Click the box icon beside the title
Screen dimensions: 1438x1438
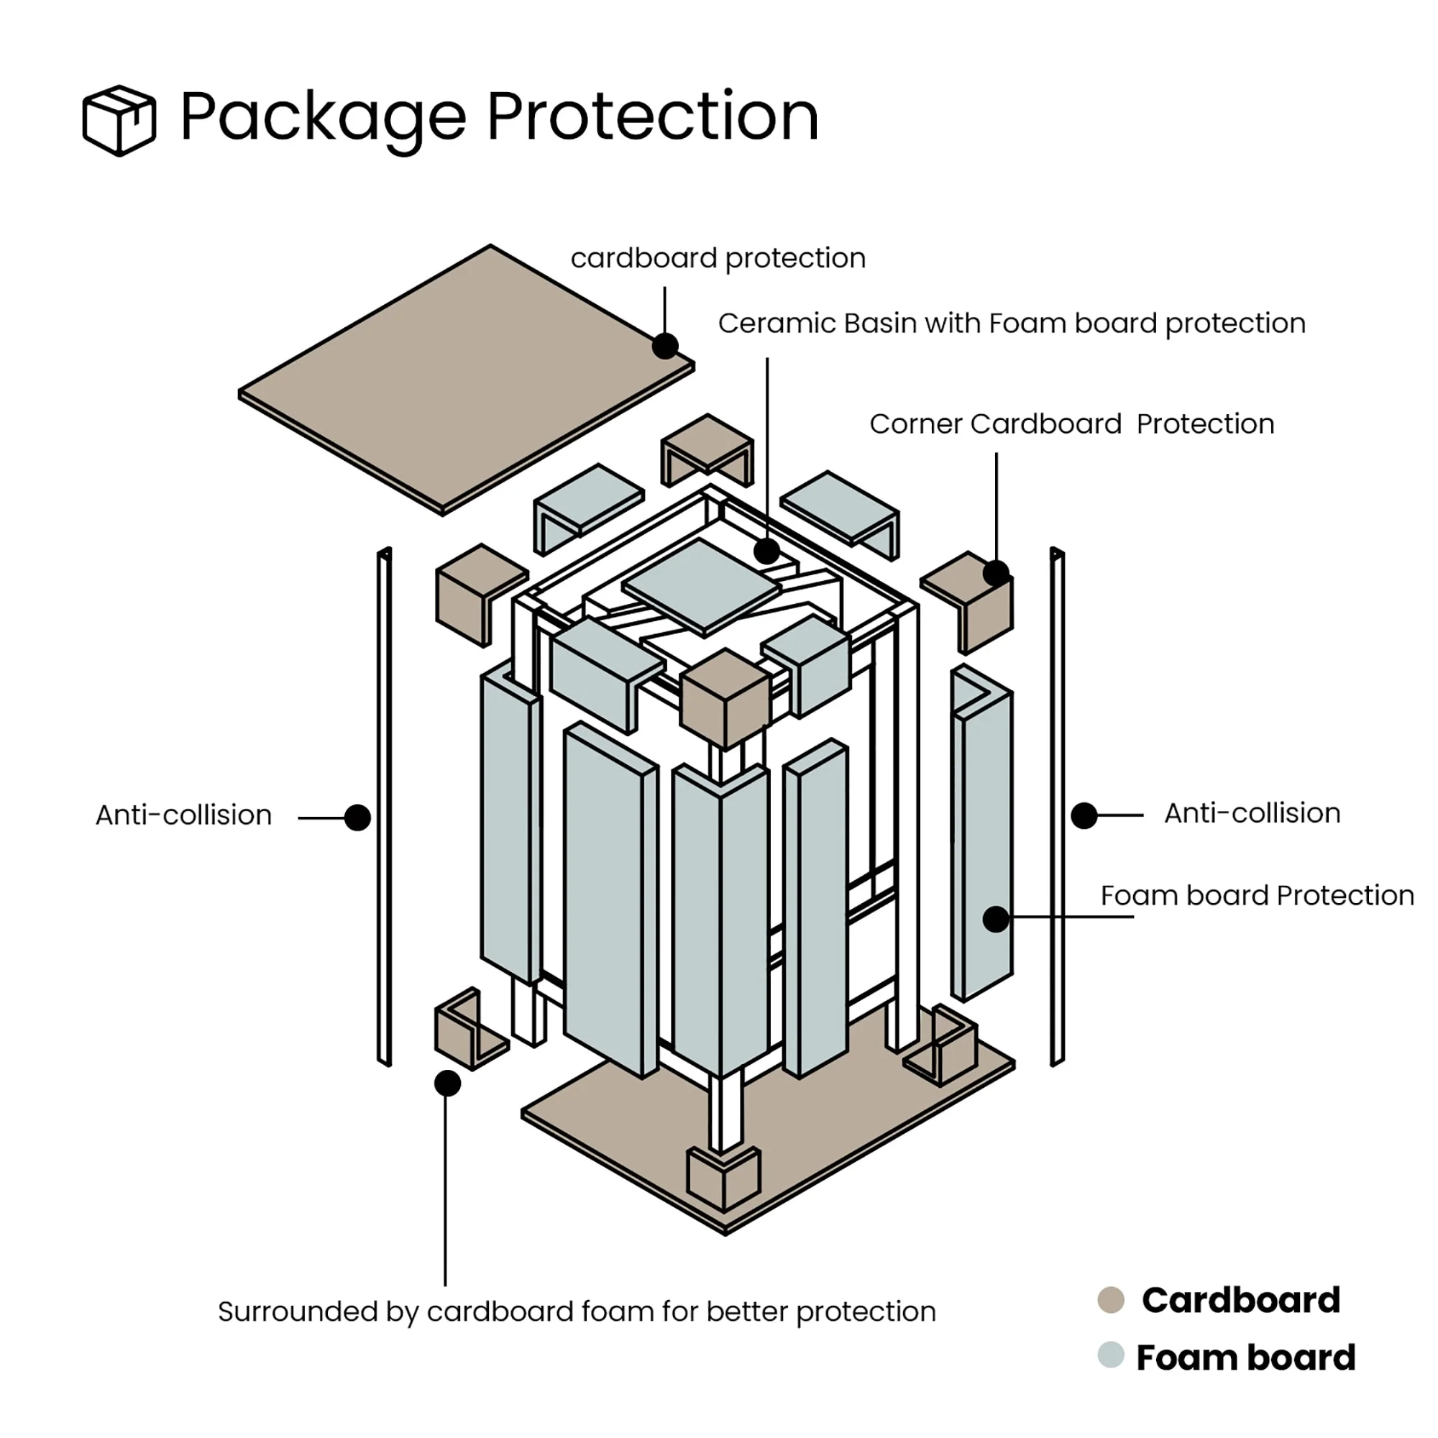point(119,120)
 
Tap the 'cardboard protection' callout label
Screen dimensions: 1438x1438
point(718,258)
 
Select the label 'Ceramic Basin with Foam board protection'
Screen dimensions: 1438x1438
point(1012,324)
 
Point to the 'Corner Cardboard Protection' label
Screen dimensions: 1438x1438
point(1071,424)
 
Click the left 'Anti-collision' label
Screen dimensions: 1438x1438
point(183,815)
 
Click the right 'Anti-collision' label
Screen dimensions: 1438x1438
point(1252,813)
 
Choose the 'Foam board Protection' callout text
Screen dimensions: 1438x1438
point(1257,895)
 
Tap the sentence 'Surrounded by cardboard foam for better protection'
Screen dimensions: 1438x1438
point(577,1311)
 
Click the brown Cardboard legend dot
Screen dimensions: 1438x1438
point(1111,1300)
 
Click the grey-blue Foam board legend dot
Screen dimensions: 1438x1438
point(1111,1355)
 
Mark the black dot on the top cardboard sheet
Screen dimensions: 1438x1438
point(664,346)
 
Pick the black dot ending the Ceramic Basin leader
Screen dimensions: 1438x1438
point(766,551)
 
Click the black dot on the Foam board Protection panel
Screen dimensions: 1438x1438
point(996,919)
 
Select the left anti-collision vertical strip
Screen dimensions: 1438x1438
point(385,807)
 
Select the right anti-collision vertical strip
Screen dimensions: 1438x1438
point(1057,807)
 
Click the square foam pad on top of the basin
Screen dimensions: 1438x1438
point(701,587)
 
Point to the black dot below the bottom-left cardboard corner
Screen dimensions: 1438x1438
point(447,1084)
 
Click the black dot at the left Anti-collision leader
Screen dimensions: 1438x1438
point(358,818)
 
